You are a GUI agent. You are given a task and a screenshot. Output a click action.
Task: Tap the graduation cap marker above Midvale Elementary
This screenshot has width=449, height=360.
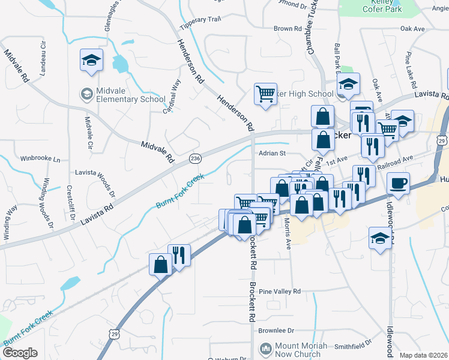pyautogui.click(x=91, y=60)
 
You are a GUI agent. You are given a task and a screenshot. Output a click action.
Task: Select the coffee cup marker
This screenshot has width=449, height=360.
pyautogui.click(x=398, y=182)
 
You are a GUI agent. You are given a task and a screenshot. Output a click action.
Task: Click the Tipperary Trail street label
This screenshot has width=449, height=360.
pyautogui.click(x=200, y=19)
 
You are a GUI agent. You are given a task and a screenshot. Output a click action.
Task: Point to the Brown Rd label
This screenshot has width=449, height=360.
pyautogui.click(x=287, y=28)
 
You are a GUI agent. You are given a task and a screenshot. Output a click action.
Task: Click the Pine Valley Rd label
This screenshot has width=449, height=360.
pyautogui.click(x=280, y=291)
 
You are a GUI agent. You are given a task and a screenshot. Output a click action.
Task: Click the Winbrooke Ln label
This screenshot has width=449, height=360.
pyautogui.click(x=41, y=160)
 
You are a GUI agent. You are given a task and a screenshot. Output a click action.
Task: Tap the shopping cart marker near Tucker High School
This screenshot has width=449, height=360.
pyautogui.click(x=265, y=94)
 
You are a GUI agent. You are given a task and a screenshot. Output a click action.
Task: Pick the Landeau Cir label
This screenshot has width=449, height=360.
pyautogui.click(x=42, y=58)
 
